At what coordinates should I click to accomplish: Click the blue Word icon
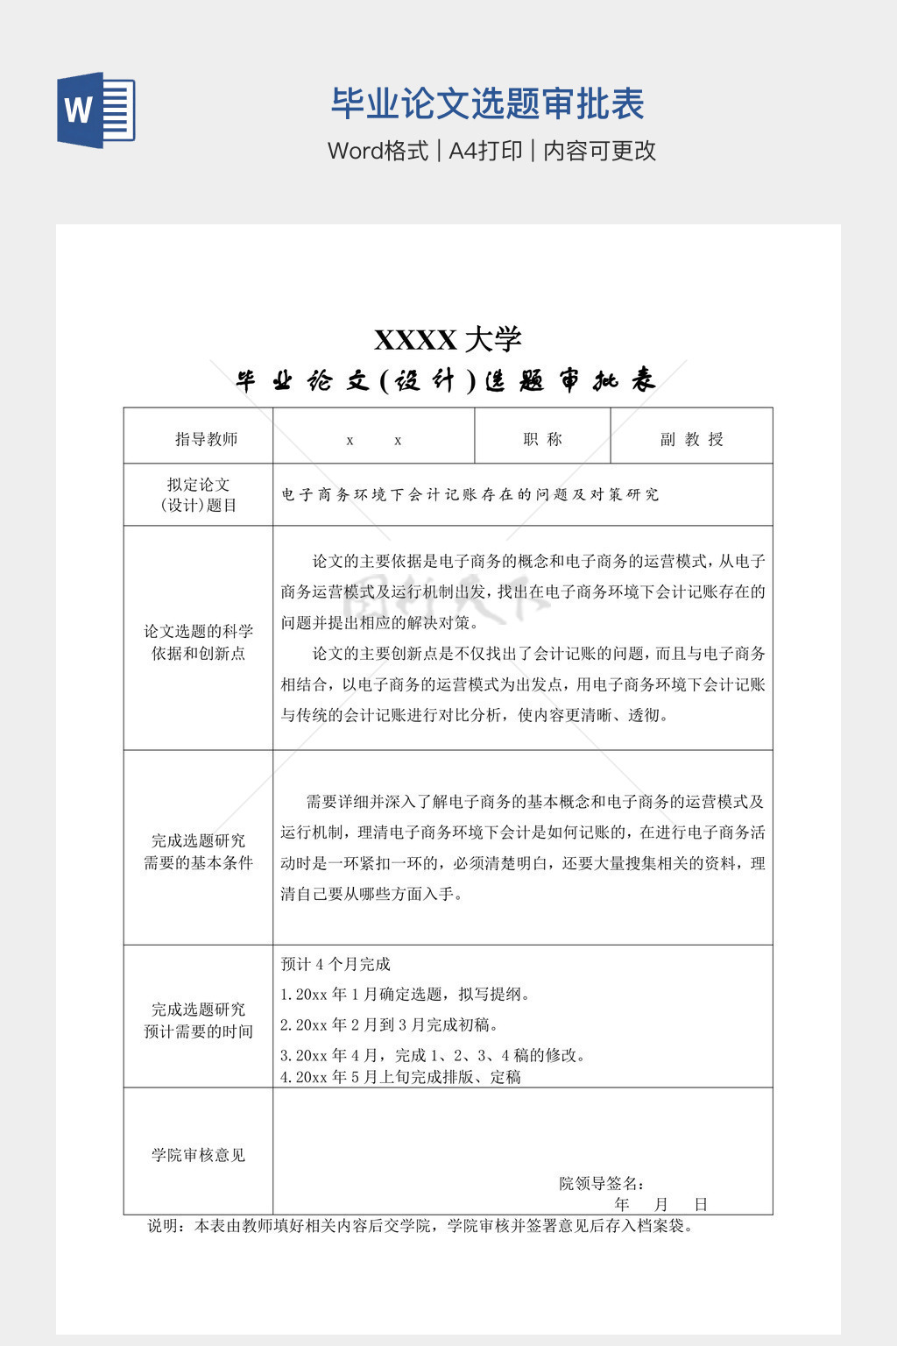coord(96,110)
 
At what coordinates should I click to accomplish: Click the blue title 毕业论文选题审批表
coord(487,104)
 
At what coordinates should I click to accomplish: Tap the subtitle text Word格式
coord(378,151)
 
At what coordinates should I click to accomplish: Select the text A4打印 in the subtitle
coord(485,151)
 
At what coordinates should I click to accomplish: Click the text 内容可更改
coord(599,151)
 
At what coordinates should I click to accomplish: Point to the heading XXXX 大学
coord(448,339)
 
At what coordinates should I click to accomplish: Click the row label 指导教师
coord(206,439)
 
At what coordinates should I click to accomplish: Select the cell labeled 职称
coord(542,439)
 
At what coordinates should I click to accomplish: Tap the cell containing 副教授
coord(691,439)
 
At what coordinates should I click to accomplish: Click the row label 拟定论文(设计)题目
coord(199,494)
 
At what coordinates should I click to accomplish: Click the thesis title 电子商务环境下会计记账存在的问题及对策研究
coord(470,494)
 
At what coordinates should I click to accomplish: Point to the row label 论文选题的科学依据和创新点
coord(199,641)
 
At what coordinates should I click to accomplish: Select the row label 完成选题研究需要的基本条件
coord(199,851)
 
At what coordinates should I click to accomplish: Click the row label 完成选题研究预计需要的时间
coord(199,1020)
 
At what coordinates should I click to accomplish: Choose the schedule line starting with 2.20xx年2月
coord(389,1024)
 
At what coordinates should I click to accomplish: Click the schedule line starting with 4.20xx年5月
coord(400,1076)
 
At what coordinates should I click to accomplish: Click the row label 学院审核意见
coord(199,1155)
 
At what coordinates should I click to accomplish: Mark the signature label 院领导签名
coord(602,1183)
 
